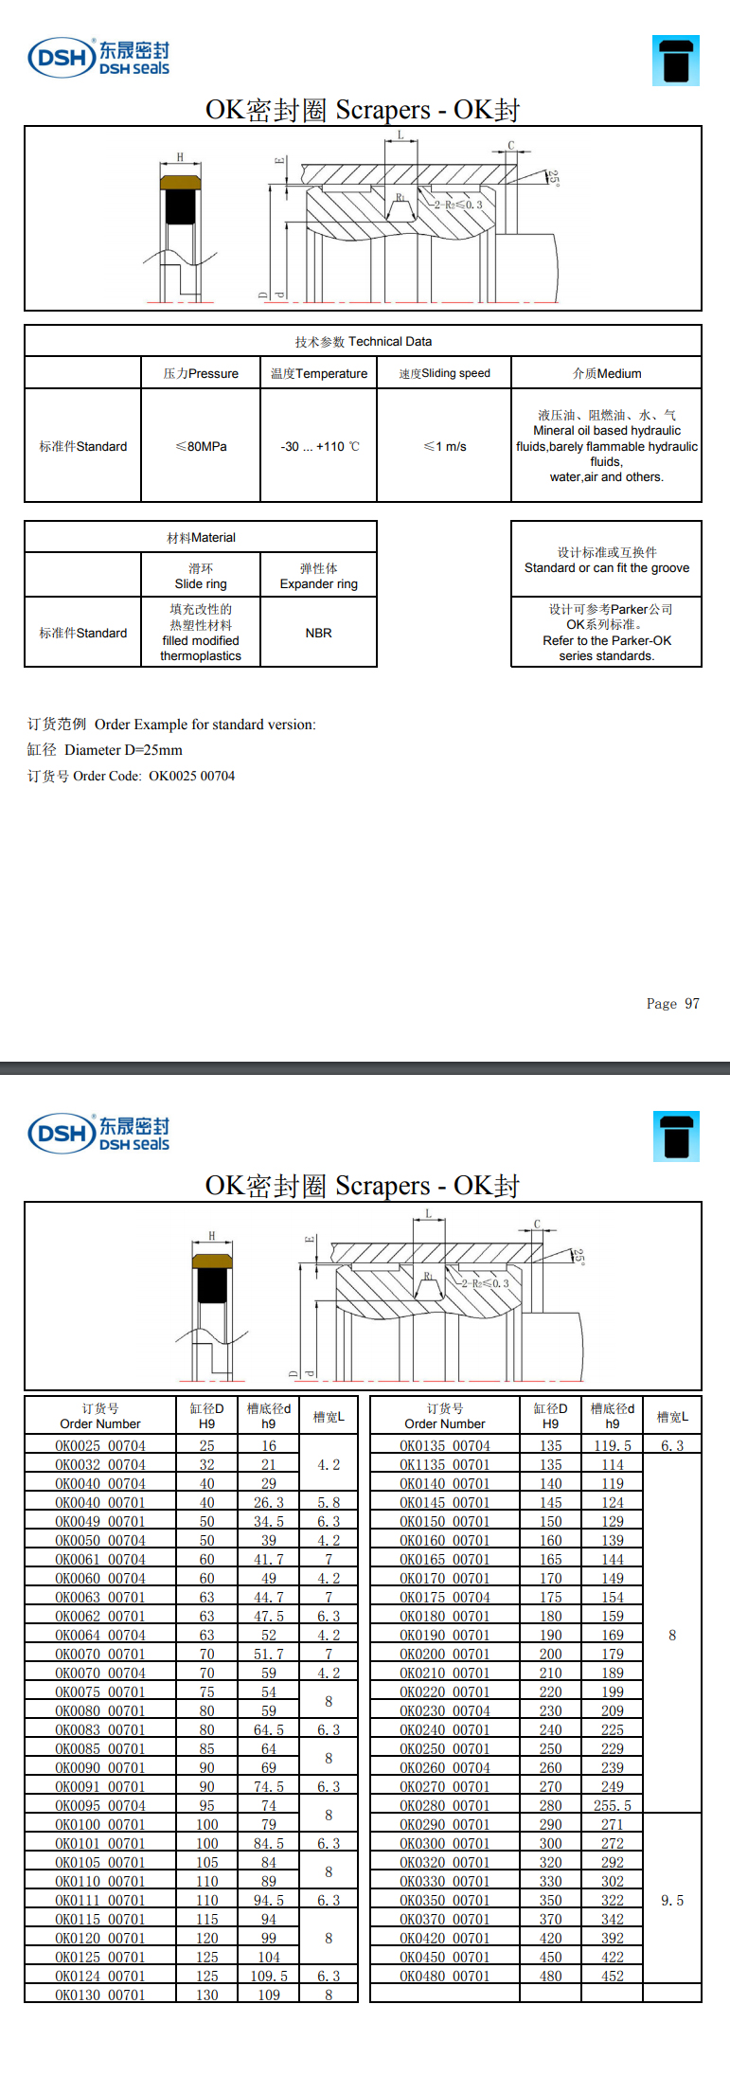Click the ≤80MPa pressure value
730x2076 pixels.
201,446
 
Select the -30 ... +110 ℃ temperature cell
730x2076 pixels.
319,446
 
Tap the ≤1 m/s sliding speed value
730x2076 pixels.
444,446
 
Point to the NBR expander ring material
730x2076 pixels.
318,633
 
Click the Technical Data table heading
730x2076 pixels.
363,341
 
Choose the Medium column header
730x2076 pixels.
607,373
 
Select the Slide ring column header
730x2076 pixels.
201,576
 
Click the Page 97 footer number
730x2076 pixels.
672,1004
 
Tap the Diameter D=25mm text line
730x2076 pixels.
105,750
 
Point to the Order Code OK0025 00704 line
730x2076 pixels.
132,776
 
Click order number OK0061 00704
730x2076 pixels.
100,1559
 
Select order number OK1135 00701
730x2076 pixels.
445,1464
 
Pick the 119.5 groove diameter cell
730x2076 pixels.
613,1445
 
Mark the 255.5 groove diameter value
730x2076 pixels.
613,1805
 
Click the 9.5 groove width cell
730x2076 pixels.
672,1900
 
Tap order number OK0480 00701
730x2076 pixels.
445,1976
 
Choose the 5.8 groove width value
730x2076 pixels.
329,1502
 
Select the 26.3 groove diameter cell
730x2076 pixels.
269,1502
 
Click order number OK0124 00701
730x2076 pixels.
100,1976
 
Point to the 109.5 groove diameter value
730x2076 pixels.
269,1976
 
